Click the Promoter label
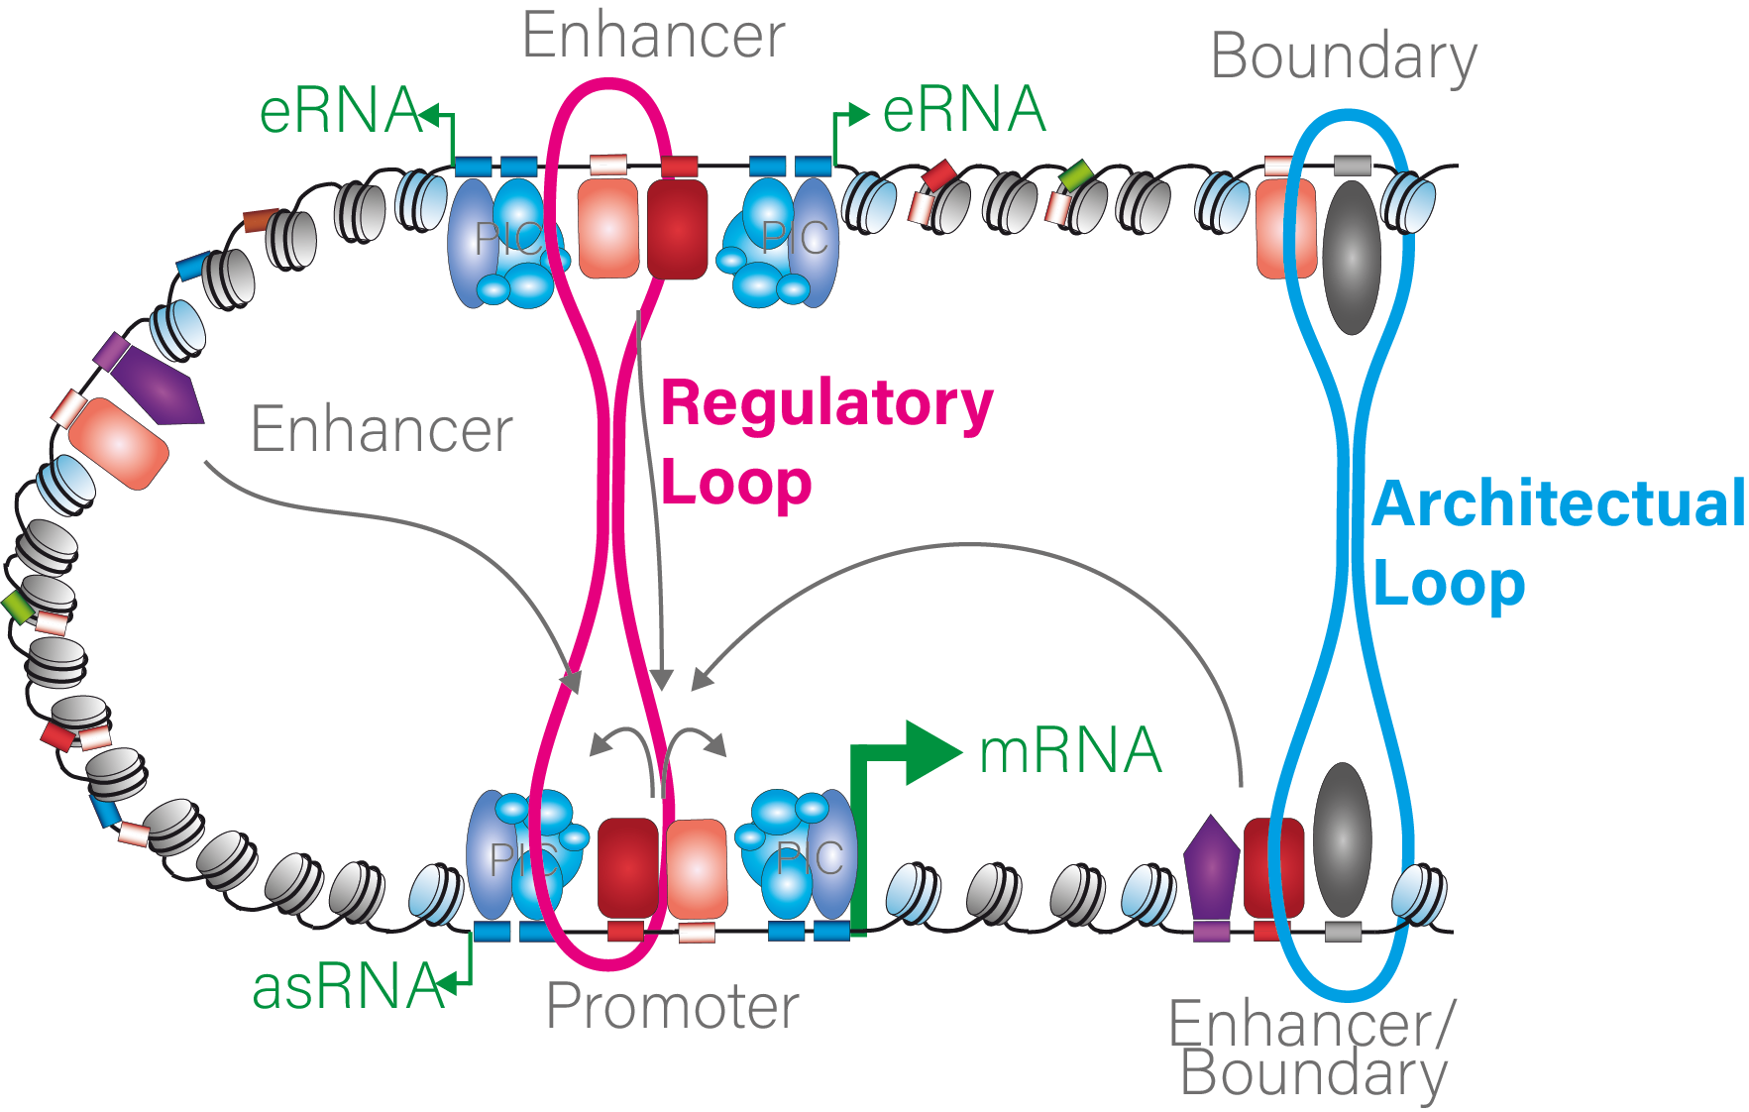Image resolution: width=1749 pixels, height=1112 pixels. click(672, 1007)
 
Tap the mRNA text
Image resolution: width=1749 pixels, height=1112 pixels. click(1069, 750)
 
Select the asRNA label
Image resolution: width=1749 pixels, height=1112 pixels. click(347, 987)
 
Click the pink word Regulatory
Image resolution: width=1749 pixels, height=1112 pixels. click(826, 404)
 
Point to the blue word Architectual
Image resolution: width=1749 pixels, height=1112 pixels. click(1558, 503)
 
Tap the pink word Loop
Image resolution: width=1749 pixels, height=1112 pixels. click(735, 484)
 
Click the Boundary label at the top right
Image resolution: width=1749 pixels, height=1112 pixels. click(1343, 56)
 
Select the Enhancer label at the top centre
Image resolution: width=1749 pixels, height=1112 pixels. click(653, 36)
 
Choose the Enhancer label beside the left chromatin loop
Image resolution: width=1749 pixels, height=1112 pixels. click(382, 429)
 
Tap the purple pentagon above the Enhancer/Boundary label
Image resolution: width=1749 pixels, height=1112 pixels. click(1211, 867)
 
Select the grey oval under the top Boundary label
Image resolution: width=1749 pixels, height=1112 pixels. click(1352, 256)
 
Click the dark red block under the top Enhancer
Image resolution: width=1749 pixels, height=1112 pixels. click(678, 229)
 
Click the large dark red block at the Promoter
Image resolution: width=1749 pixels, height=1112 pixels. click(628, 866)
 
